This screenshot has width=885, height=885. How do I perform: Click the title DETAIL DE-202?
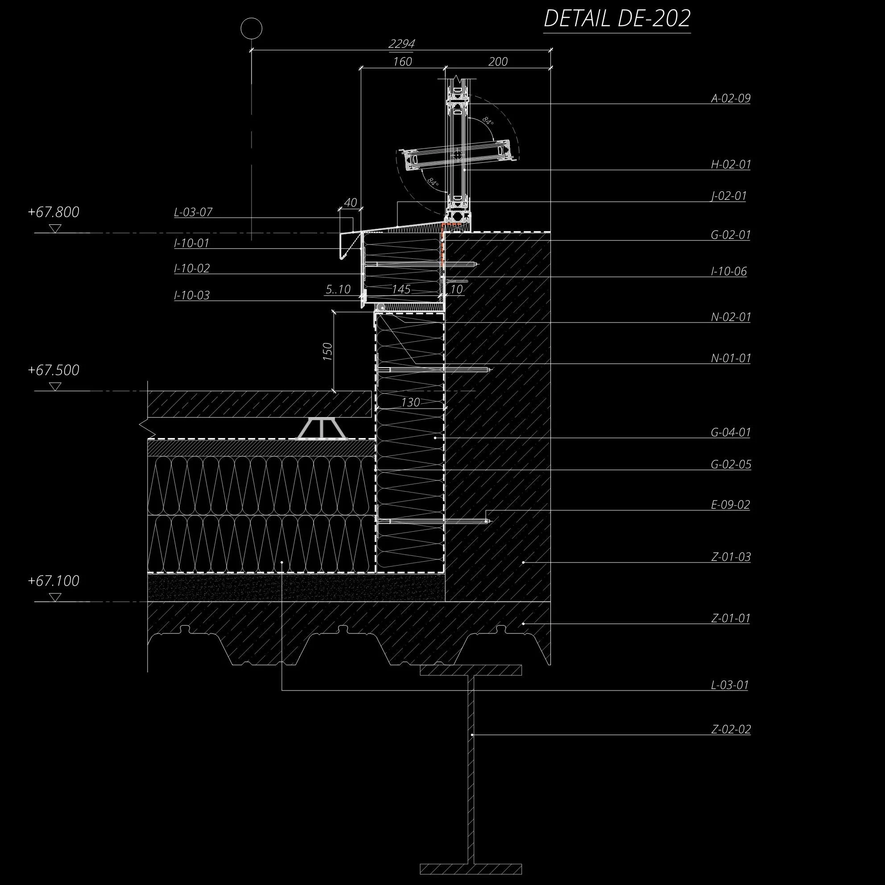coord(616,19)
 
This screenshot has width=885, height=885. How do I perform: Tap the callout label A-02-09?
coord(730,98)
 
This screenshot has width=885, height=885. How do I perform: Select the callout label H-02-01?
coord(730,164)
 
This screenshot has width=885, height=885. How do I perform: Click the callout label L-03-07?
coord(193,212)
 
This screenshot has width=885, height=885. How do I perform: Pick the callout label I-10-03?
coord(191,295)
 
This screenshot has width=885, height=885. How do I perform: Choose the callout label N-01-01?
coord(730,358)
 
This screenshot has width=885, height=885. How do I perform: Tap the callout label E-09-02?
coord(730,505)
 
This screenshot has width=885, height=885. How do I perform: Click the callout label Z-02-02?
coord(731,729)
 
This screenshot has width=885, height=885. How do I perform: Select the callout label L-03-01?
coord(730,685)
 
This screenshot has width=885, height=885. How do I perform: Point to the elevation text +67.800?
coord(54,212)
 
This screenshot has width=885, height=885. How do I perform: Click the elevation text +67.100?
coord(54,581)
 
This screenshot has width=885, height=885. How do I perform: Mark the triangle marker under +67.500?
coord(55,387)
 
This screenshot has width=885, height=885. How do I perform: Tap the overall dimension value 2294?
coord(401,44)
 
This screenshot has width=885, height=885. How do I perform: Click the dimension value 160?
coord(402,62)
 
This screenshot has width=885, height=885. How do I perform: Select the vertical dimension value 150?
coord(327,352)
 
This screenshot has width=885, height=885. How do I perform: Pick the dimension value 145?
coord(401,289)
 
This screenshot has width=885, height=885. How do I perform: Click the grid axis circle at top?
coord(252,29)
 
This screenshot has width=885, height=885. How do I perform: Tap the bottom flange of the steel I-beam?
coord(471,868)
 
